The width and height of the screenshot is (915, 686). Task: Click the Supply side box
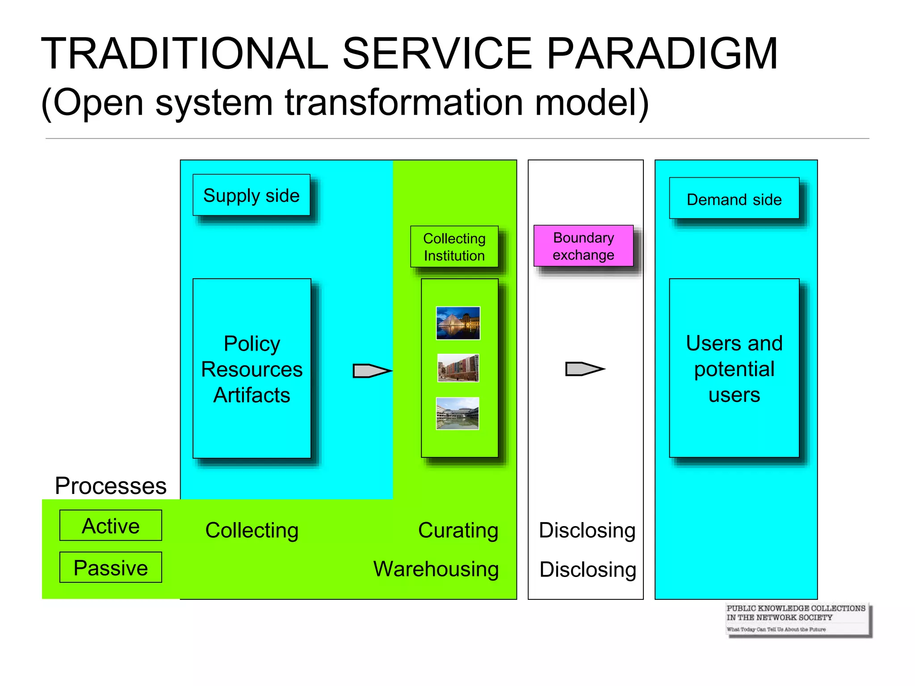(251, 195)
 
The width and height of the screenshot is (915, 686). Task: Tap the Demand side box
(734, 199)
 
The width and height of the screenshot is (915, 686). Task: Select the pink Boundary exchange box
(583, 246)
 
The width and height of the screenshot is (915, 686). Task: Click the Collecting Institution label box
(454, 247)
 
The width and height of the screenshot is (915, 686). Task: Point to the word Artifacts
(252, 395)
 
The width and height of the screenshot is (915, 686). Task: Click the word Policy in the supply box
(252, 344)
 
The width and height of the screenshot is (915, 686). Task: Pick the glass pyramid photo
(457, 323)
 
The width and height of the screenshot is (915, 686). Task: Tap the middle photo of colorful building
(457, 368)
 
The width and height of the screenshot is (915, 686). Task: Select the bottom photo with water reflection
(457, 414)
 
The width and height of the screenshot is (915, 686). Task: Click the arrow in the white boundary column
(584, 369)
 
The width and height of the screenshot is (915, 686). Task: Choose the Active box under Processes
(111, 526)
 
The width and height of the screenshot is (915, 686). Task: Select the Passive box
(111, 567)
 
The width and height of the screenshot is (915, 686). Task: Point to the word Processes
(110, 486)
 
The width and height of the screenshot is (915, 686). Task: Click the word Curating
(458, 531)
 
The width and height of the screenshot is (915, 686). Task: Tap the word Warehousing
(436, 569)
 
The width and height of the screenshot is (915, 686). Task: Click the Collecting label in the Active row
(252, 531)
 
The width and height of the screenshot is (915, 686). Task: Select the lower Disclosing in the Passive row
(587, 569)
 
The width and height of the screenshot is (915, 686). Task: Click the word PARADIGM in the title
(662, 54)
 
